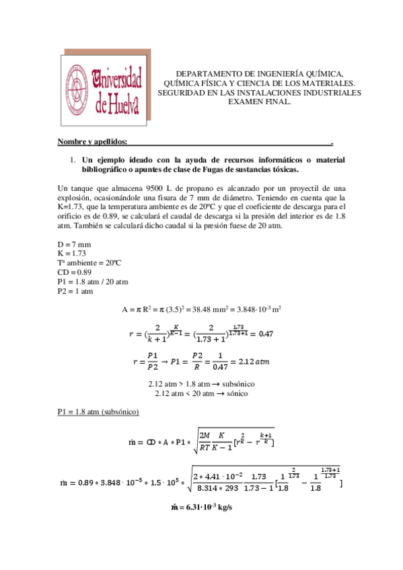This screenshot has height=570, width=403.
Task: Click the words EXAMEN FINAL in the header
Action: tap(260, 101)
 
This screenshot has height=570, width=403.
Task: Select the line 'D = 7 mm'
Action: tap(74, 243)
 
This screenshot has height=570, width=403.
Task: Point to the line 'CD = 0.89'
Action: tap(75, 272)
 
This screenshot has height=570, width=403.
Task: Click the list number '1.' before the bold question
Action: tap(73, 161)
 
